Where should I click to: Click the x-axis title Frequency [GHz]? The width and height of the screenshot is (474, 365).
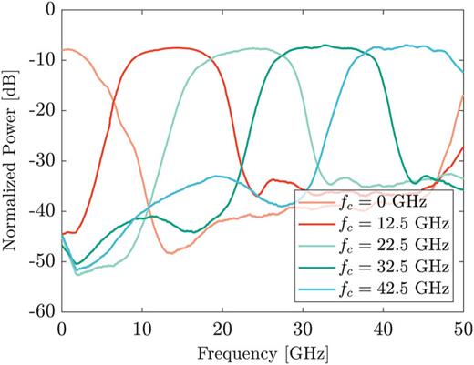[x=262, y=351]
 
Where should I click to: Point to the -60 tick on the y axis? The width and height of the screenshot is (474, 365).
[x=43, y=311]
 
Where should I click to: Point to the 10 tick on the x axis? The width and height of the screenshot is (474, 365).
[x=141, y=328]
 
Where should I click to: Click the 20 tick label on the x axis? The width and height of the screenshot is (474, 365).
[x=222, y=328]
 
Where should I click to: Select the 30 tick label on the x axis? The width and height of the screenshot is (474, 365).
[x=302, y=328]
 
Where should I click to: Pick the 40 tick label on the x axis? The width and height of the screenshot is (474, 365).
[x=382, y=328]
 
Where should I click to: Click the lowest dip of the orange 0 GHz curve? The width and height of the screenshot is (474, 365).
[x=170, y=253]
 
